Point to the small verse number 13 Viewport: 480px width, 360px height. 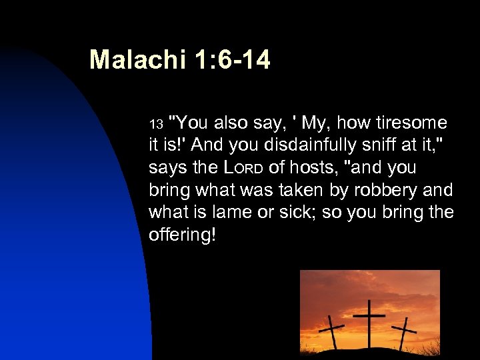pyautogui.click(x=155, y=124)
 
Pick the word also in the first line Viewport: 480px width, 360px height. pyautogui.click(x=233, y=123)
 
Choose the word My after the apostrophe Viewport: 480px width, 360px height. pyautogui.click(x=314, y=123)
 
